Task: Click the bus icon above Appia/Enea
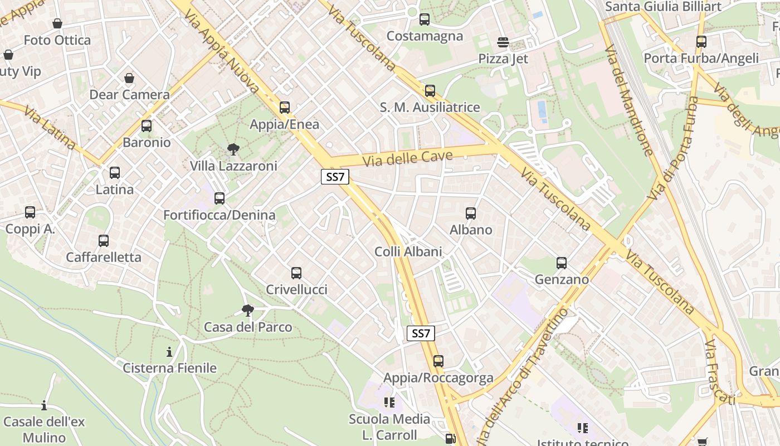point(285,108)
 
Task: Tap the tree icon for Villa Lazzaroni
point(233,149)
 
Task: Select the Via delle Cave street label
point(407,158)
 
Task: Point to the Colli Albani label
point(408,251)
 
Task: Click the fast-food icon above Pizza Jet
point(503,42)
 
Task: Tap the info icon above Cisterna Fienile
point(169,352)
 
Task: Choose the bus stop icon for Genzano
point(562,263)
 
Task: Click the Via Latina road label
point(50,128)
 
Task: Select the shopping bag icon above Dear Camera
point(129,78)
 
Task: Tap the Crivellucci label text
point(296,290)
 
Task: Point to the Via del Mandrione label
point(628,100)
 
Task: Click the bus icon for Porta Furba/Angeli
point(701,42)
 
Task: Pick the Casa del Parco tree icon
point(248,310)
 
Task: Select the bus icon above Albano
point(471,213)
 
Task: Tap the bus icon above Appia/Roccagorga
point(438,361)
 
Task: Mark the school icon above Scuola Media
point(389,403)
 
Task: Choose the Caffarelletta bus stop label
point(104,258)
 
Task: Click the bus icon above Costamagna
point(425,20)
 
